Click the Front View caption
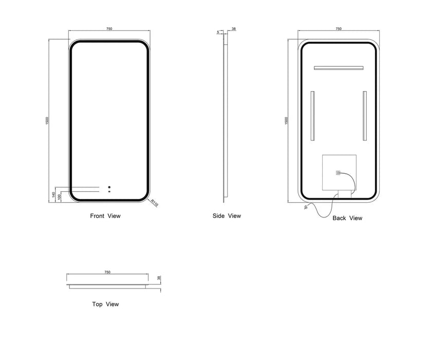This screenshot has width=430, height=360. (x=105, y=216)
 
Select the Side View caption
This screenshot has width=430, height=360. (x=227, y=216)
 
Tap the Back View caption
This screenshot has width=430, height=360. (x=347, y=218)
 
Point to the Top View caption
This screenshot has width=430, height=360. (x=106, y=304)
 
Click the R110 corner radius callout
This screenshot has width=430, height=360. (x=155, y=203)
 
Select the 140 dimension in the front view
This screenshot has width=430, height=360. (x=53, y=195)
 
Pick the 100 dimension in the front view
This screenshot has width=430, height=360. (x=59, y=196)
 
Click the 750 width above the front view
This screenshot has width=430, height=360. (x=109, y=29)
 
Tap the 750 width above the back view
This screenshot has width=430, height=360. (x=339, y=29)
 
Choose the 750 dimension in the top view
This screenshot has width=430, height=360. (x=107, y=272)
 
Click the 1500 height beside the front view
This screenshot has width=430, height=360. (x=47, y=120)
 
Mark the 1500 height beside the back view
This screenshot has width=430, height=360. (x=287, y=120)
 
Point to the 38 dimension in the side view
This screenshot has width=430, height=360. (x=234, y=29)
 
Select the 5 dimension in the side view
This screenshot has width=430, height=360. (x=218, y=32)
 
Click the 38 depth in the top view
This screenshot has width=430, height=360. (x=159, y=278)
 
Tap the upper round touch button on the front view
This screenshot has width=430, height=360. (x=109, y=187)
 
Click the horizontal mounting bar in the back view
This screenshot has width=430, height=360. (x=339, y=68)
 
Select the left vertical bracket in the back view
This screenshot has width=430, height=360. (x=313, y=116)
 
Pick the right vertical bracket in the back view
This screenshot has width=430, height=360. (x=365, y=116)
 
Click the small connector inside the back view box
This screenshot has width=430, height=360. (x=338, y=173)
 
